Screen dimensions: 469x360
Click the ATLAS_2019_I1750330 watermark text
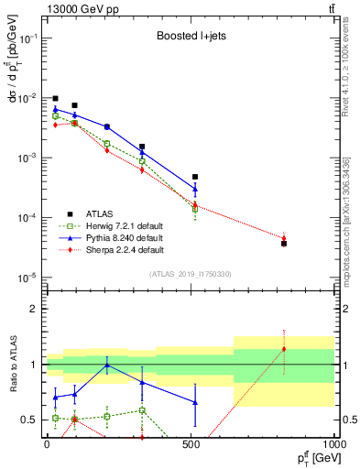pos(190,274)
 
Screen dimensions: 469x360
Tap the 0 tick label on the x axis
pos(47,445)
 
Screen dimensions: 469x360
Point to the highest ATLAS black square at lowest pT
pos(55,98)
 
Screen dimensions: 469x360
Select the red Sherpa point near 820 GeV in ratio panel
pos(284,349)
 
